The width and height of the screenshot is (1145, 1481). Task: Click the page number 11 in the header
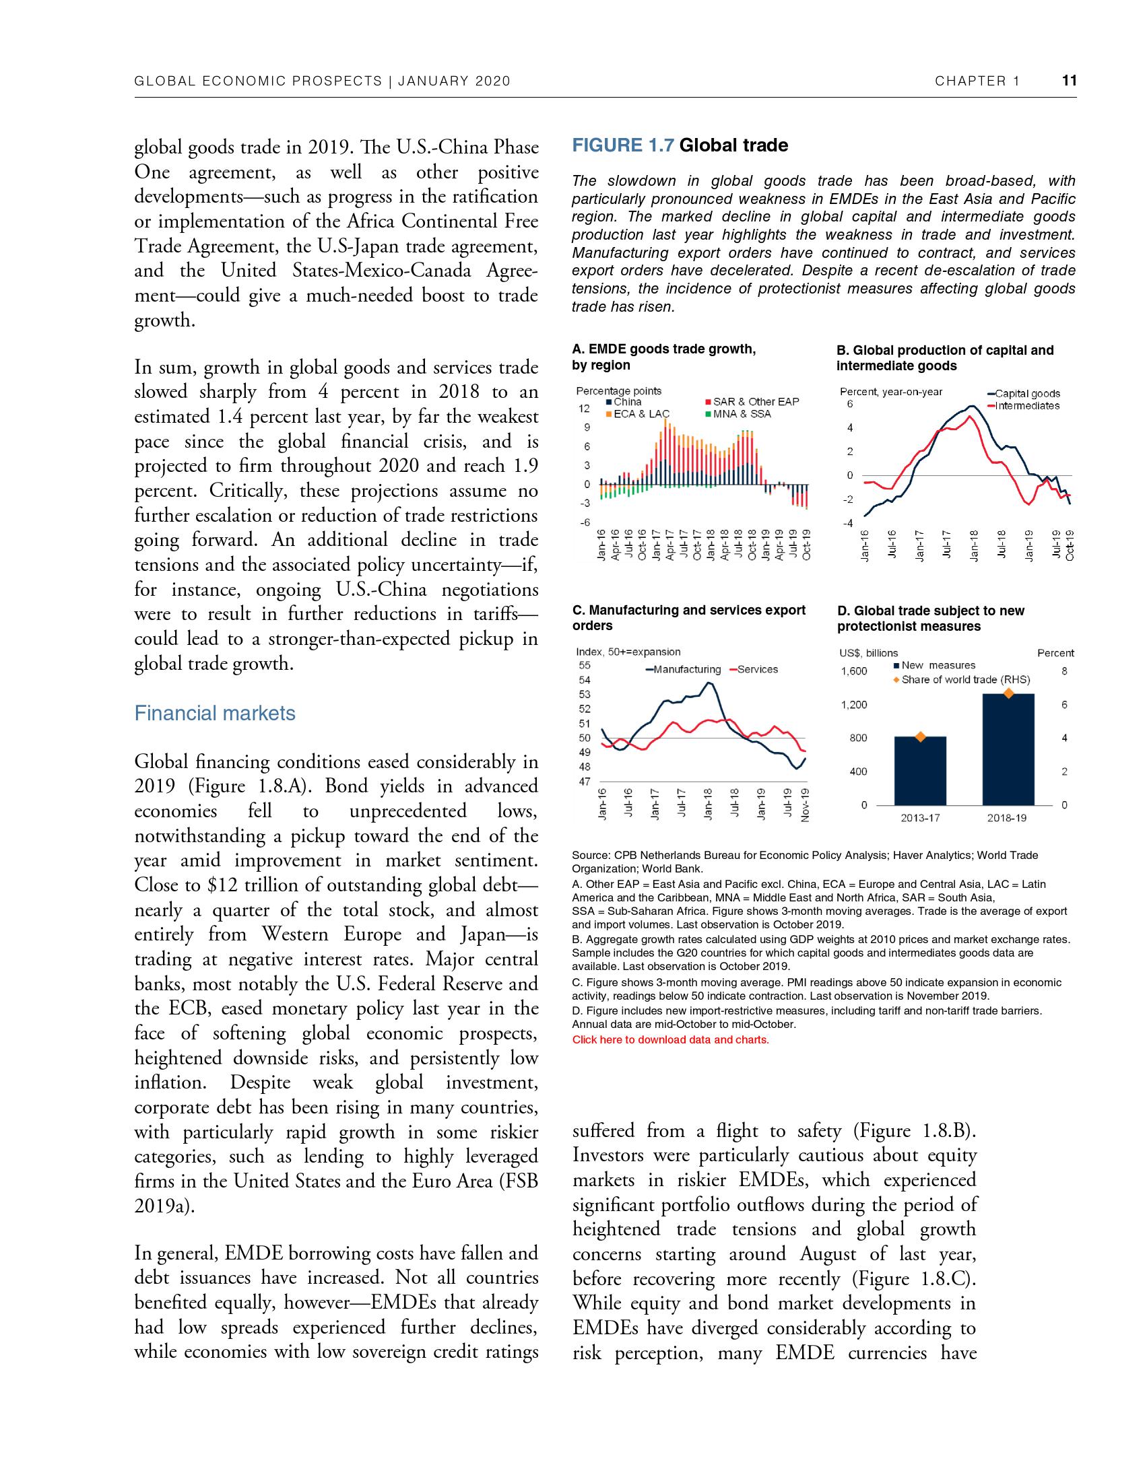1069,81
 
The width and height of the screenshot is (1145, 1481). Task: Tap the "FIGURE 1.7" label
624,145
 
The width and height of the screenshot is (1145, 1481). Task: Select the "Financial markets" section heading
214,713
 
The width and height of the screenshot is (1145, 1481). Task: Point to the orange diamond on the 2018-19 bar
1009,693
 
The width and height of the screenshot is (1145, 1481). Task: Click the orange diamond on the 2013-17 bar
920,737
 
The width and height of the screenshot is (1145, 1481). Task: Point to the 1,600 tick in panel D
853,671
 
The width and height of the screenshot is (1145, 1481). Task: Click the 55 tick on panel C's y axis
584,666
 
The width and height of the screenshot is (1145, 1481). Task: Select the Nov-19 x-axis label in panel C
804,804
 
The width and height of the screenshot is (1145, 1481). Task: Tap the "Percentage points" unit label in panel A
618,390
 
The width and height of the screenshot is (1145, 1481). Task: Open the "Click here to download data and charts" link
670,1039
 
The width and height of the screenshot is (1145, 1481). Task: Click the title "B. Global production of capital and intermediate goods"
944,358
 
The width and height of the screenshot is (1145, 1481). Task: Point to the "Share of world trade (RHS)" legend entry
964,679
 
